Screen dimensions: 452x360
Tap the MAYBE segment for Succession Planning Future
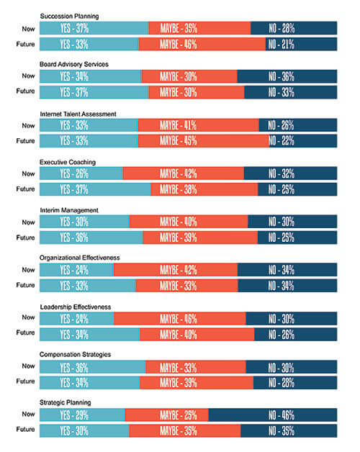pos(202,44)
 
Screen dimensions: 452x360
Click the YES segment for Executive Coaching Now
pos(81,173)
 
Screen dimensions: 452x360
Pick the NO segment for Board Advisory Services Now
pos(287,76)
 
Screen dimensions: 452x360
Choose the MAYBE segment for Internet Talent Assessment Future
pos(203,141)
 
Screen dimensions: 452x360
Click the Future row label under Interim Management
pos(25,238)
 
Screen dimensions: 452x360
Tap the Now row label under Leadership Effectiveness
pos(28,317)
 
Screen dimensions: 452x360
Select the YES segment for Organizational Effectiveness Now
pos(76,270)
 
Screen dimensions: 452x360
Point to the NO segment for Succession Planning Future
pos(301,44)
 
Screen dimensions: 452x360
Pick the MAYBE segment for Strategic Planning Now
pos(166,415)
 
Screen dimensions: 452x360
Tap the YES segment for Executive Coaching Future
pos(95,189)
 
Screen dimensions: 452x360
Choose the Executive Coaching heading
pos(68,162)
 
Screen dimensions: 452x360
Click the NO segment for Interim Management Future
pos(292,238)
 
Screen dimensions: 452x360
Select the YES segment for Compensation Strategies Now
pos(92,366)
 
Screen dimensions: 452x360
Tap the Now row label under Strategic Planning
pos(28,415)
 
